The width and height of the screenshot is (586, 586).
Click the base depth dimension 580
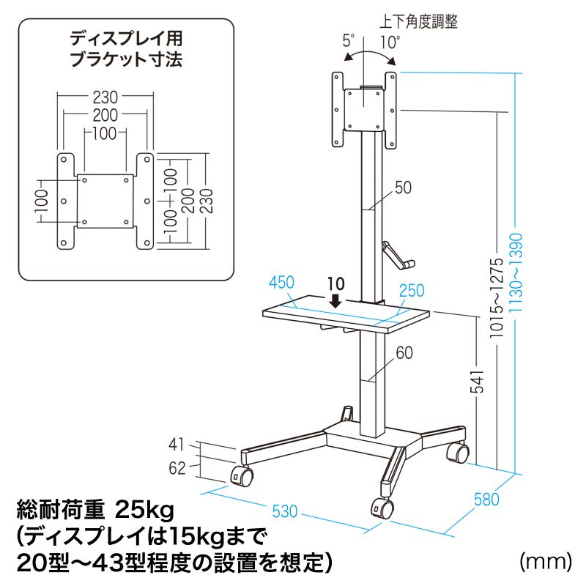coord(486,500)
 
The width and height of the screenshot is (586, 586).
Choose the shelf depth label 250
coord(412,291)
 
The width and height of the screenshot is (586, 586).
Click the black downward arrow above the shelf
coord(335,301)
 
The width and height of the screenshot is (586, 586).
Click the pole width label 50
coord(403,188)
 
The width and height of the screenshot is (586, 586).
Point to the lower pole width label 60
coord(404,353)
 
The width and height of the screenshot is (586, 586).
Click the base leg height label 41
coord(177,444)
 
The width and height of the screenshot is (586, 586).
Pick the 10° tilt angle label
coord(390,42)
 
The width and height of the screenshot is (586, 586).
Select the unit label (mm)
coord(544,562)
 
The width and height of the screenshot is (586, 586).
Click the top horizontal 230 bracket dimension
coord(106,96)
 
